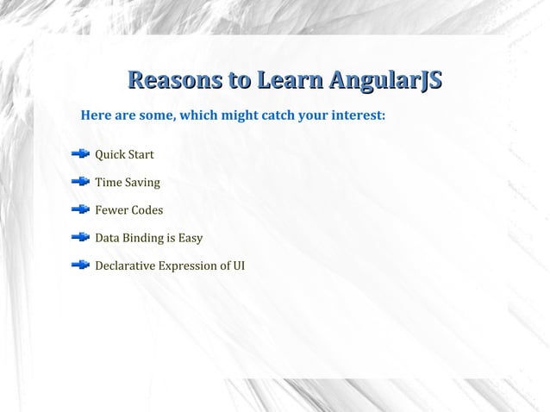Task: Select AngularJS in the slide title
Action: point(384,82)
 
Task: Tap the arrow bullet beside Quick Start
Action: point(80,154)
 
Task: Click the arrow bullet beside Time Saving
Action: point(80,182)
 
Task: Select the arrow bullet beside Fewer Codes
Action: point(80,209)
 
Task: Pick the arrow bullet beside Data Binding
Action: point(80,237)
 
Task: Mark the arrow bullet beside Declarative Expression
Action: point(80,265)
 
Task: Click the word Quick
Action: point(109,155)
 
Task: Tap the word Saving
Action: point(142,183)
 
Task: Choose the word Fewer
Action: point(110,210)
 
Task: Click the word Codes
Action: point(147,210)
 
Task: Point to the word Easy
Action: point(191,238)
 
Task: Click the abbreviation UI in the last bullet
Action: point(238,265)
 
